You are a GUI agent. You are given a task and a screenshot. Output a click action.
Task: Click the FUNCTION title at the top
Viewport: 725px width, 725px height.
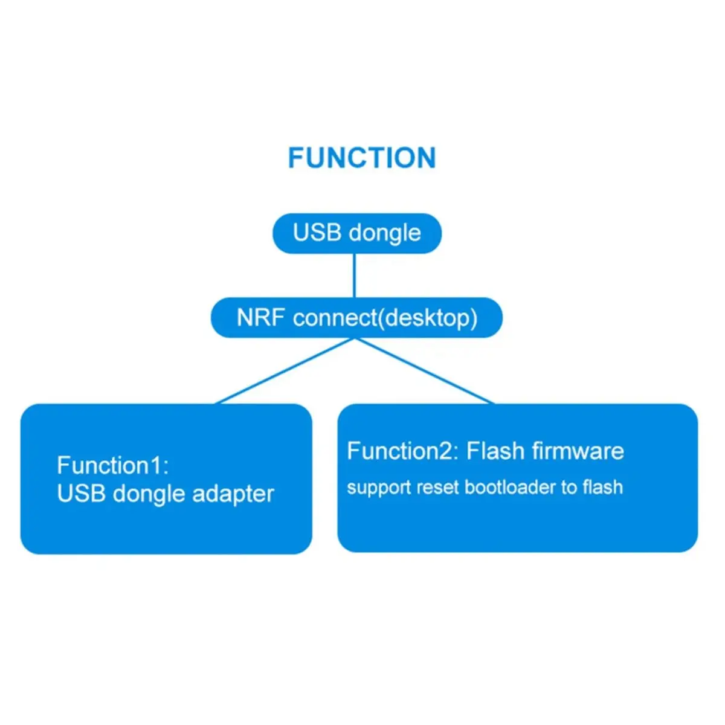(361, 158)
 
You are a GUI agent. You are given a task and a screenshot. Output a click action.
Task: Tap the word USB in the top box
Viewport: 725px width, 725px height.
(317, 233)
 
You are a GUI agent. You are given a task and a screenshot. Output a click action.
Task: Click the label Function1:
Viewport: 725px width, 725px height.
(113, 466)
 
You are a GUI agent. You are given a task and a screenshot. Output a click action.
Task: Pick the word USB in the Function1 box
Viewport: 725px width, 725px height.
(81, 494)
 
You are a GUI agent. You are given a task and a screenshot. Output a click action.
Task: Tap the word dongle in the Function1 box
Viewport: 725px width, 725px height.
(149, 495)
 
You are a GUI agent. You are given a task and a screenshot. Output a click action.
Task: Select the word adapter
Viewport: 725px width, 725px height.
(233, 495)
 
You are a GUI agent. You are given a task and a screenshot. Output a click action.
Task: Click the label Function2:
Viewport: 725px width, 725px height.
(403, 451)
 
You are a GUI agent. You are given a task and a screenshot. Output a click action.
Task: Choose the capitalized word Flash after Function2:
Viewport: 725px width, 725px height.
(495, 451)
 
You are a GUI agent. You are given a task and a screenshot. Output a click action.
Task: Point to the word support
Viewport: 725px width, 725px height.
(372, 488)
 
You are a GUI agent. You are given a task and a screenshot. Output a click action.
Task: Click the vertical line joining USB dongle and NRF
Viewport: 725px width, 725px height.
(354, 275)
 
